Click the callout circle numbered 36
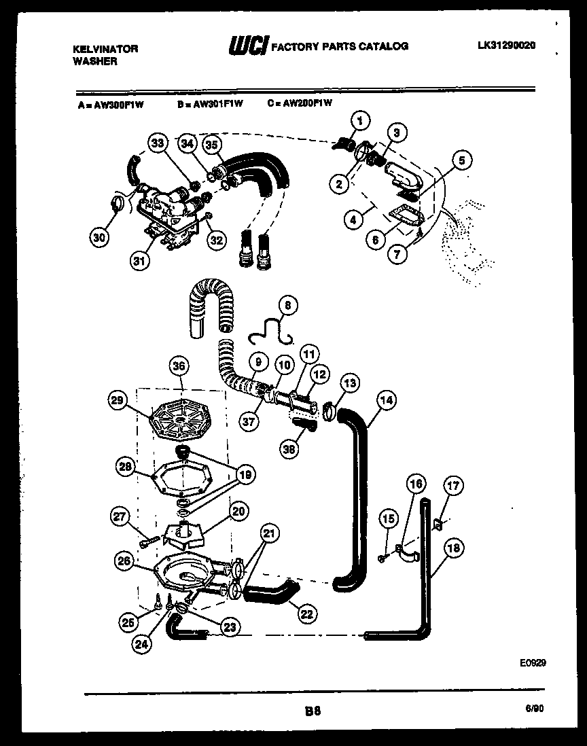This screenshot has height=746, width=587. pos(179,366)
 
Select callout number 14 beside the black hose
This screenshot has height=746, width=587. pos(386,401)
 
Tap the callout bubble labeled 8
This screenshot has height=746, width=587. pos(287,306)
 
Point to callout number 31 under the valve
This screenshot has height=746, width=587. pos(139,262)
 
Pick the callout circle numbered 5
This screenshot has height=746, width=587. pos(461,161)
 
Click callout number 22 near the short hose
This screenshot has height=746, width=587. pos(306,614)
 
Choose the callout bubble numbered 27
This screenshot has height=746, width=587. pos(120,518)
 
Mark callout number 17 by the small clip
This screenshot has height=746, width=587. pos(453,486)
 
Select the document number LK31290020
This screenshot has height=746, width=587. pos(506,46)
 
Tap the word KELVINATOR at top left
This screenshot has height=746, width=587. pos(105,48)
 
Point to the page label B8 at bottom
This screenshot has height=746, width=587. pos(313,711)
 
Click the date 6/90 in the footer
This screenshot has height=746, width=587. pos(533,707)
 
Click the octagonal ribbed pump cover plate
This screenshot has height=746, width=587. pos(180,424)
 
